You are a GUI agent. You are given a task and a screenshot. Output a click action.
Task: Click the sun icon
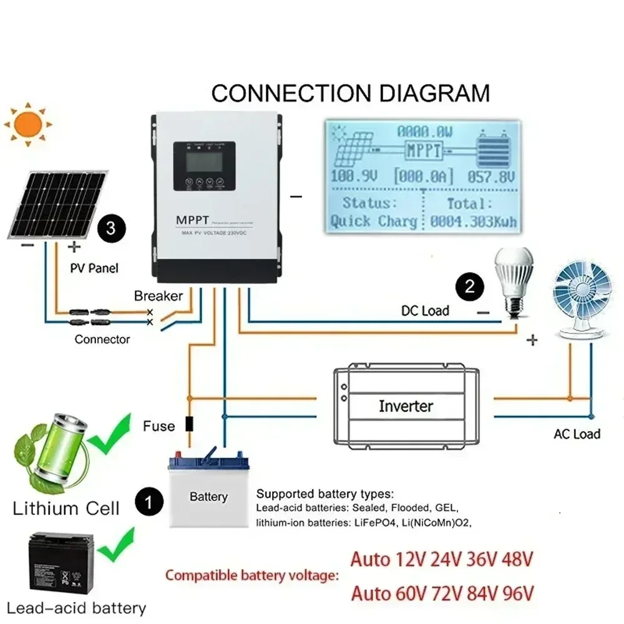pos(27,125)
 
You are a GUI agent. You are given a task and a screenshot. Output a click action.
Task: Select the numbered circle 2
pos(469,286)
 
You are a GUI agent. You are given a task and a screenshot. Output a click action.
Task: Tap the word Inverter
pos(406,406)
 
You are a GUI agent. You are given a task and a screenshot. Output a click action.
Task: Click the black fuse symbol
pos(190,425)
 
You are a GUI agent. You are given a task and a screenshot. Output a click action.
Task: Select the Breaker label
pos(158,296)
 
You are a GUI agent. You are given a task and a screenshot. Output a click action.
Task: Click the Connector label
pos(102,339)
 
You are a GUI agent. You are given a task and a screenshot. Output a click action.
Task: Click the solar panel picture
pos(57,203)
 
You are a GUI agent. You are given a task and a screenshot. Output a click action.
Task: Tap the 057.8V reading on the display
pos(492,176)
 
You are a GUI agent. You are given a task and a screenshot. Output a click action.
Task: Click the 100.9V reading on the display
pos(354,176)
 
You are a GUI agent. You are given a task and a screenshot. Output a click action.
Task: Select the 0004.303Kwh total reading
pos(472,222)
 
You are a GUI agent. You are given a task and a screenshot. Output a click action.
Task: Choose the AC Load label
pos(577,434)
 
